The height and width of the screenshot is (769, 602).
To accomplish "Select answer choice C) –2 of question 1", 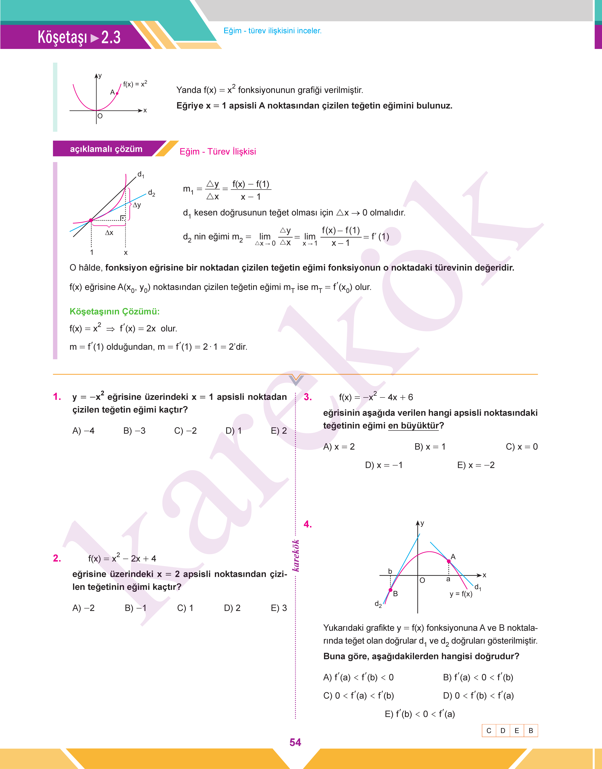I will click(x=185, y=431).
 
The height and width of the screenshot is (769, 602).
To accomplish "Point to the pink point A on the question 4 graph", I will click(x=449, y=561).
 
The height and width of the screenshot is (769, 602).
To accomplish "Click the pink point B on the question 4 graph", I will click(x=391, y=590).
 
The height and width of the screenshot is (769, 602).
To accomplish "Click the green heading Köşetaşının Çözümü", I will click(x=115, y=311).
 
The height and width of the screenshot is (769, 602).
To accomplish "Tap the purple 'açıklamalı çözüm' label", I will click(x=106, y=149).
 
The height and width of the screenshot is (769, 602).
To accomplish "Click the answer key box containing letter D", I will click(x=503, y=731).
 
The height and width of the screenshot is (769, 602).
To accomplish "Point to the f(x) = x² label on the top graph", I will click(x=135, y=84).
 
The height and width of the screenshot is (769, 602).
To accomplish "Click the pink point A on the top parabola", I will click(x=117, y=93).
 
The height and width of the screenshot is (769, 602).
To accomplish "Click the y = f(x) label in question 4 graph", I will click(x=461, y=594).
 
